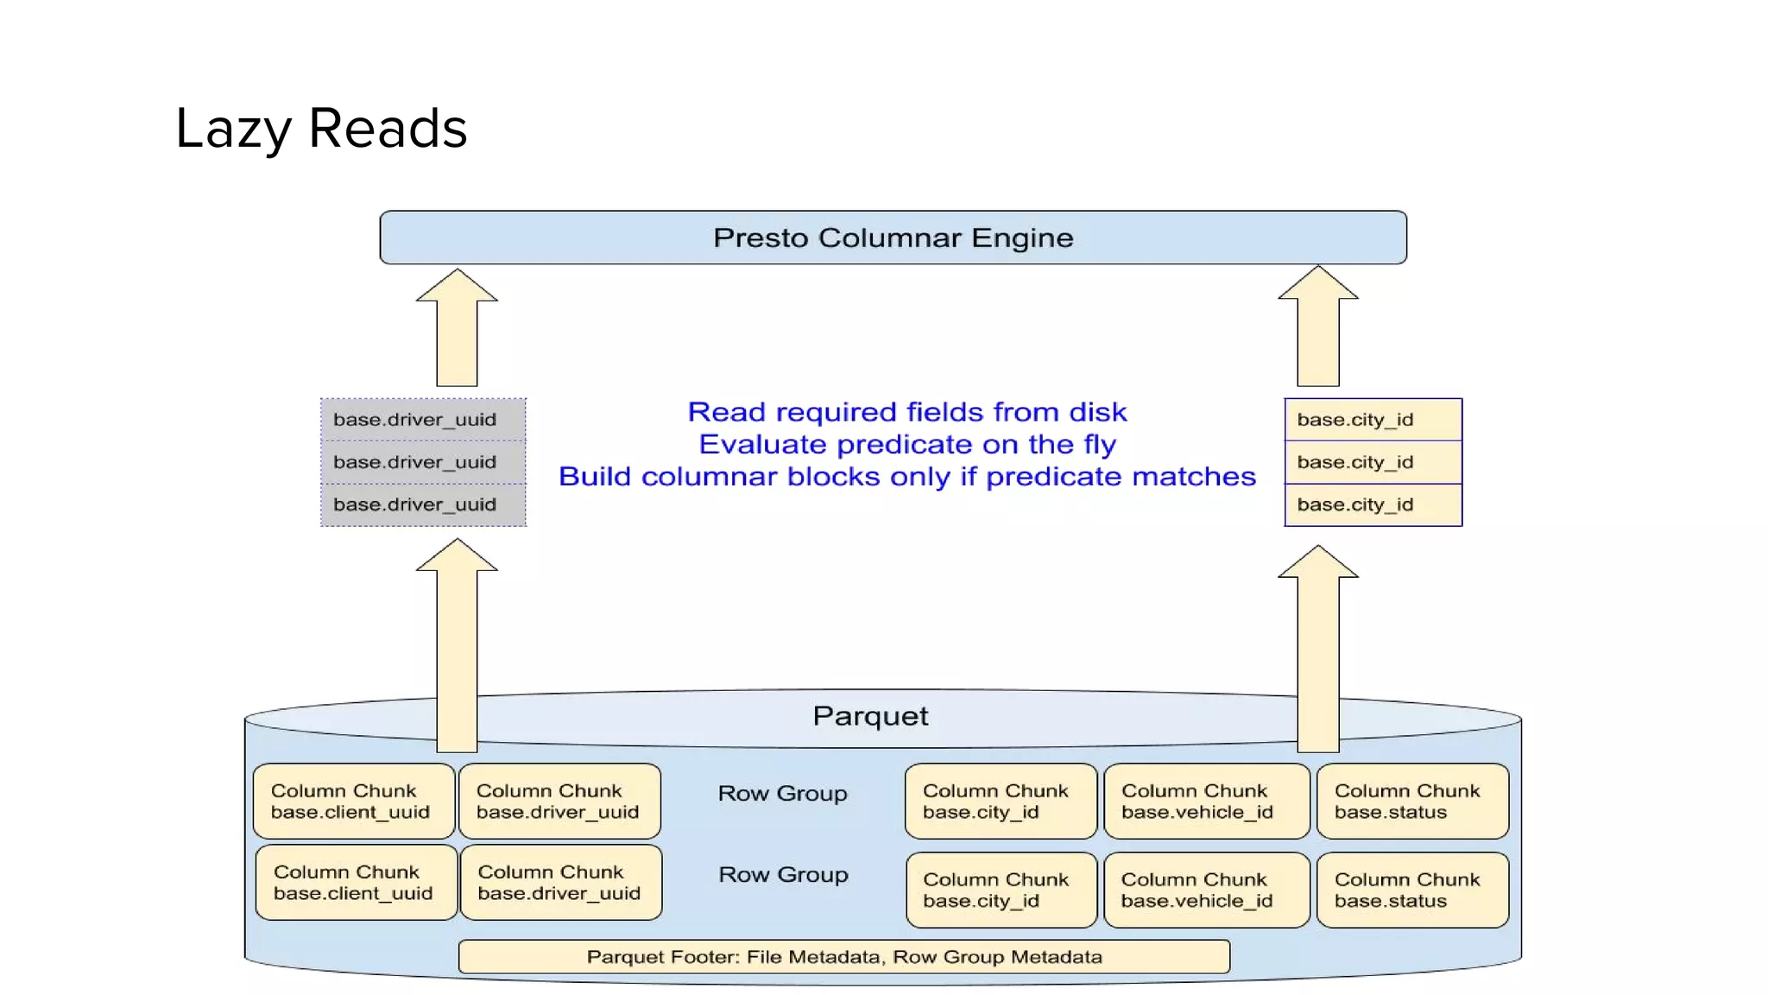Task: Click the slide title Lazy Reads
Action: (x=321, y=129)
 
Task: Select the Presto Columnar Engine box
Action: (x=893, y=238)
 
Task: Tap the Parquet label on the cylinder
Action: (x=870, y=716)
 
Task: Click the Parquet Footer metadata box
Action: (x=843, y=957)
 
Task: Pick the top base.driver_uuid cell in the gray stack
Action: (x=423, y=420)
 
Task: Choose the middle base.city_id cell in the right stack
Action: (x=1373, y=462)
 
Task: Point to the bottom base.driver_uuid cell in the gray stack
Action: (x=423, y=504)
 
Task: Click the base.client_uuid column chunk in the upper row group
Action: (x=354, y=802)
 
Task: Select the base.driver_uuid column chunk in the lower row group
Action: (x=561, y=883)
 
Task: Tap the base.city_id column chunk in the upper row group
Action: (x=1001, y=802)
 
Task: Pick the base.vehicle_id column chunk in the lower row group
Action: (x=1206, y=890)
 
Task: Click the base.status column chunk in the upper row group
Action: (x=1412, y=802)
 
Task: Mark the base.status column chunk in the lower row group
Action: (x=1412, y=890)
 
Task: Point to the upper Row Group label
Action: (x=782, y=794)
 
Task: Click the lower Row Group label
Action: (x=783, y=875)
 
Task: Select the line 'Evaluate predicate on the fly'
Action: (x=906, y=445)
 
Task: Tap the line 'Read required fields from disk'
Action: (x=906, y=412)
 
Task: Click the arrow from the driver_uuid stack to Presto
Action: (x=457, y=328)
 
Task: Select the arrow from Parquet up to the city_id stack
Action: (x=1318, y=648)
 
